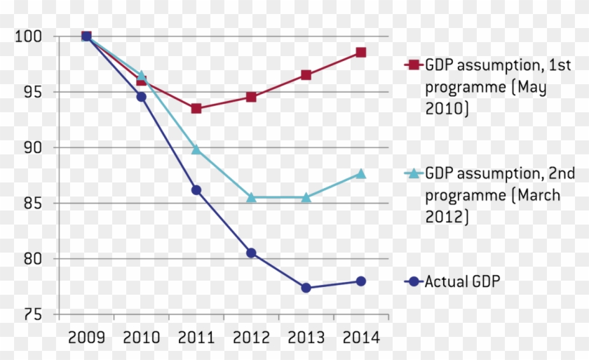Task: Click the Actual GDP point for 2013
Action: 306,288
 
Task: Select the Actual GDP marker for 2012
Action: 251,253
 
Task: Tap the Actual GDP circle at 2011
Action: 196,190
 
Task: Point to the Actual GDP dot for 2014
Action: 360,281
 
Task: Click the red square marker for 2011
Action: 196,108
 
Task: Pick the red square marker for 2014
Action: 360,53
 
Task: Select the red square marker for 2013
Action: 306,75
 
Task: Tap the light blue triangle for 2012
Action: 251,197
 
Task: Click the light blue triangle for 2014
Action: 360,173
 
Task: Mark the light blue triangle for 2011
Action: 196,149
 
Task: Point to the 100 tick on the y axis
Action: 28,36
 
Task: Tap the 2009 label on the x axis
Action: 86,338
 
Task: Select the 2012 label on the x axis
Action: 251,338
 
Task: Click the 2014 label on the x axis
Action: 360,338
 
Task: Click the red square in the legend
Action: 413,65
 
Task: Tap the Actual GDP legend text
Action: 463,281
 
